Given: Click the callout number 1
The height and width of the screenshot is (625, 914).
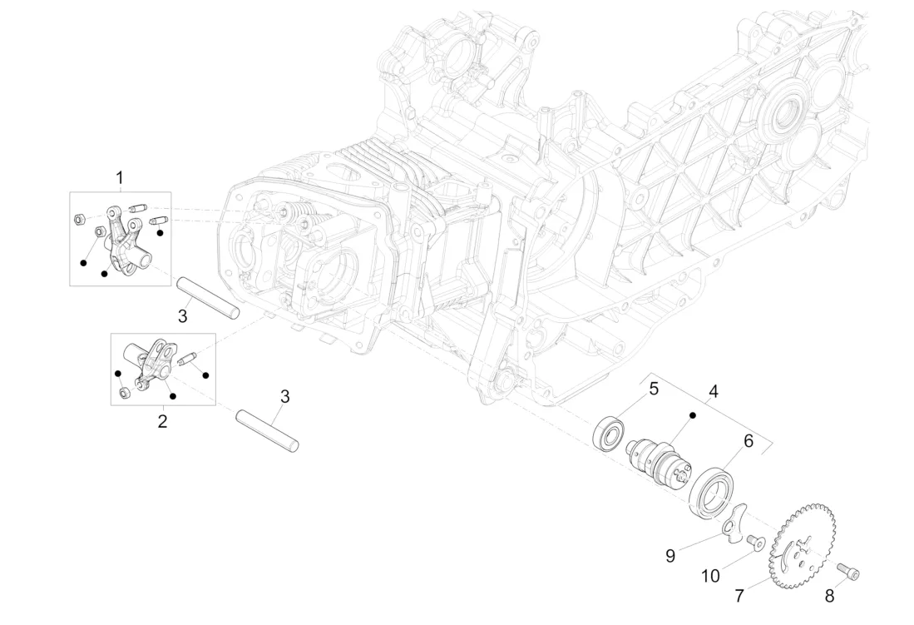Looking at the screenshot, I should coord(120,177).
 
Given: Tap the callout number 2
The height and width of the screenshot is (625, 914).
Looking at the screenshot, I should coord(162,421).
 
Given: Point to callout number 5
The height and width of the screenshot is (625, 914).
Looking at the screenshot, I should coord(654,389).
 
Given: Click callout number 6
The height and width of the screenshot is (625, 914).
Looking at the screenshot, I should coord(748,442).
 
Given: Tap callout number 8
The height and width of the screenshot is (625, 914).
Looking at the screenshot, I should coord(828,596).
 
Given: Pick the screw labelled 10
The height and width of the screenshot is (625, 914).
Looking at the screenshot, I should coord(755,543).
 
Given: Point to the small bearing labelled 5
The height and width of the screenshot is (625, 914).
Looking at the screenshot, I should coord(611,434).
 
